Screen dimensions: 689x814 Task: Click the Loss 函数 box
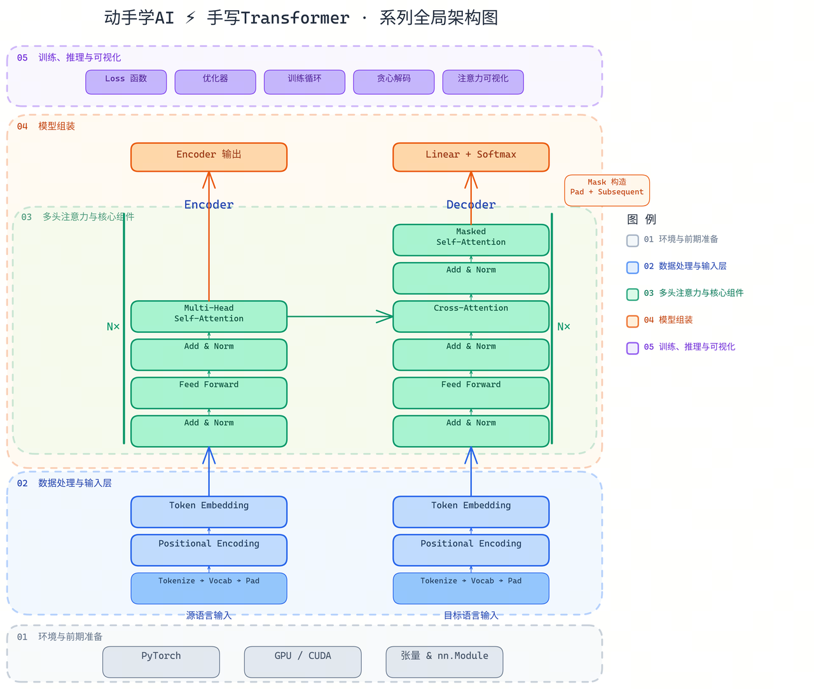coord(126,82)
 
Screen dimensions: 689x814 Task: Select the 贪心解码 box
coord(394,82)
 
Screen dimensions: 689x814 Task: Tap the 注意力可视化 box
coord(483,82)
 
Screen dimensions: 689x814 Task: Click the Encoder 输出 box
coord(209,157)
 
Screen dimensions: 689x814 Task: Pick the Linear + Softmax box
coord(471,157)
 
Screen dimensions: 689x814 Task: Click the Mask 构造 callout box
coord(607,190)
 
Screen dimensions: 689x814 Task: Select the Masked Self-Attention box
coord(471,240)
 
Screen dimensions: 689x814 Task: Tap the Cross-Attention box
coord(471,316)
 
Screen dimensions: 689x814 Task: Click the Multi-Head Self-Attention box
coord(209,316)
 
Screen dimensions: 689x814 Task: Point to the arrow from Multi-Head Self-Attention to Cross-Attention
coord(340,316)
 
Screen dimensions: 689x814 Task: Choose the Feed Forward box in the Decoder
coord(471,393)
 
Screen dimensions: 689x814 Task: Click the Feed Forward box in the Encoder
coord(209,393)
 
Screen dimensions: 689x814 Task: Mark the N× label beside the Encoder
coord(113,326)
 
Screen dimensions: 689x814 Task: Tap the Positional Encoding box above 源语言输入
coord(209,550)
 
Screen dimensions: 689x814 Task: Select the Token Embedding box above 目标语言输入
coord(471,512)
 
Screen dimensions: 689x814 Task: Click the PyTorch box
coord(161,662)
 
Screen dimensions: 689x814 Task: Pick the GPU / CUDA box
coord(303,662)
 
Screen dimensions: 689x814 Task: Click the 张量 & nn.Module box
coord(445,662)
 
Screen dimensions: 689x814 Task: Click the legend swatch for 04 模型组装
coord(632,321)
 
